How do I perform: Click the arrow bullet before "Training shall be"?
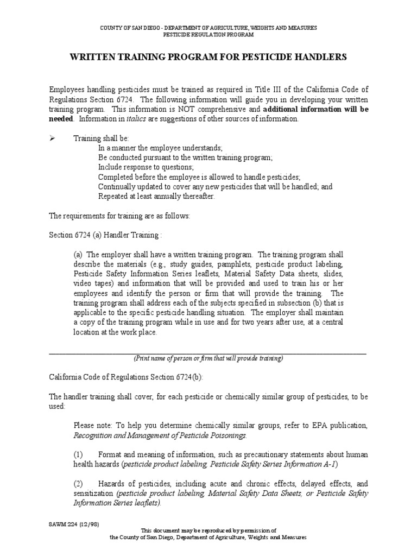tap(53, 138)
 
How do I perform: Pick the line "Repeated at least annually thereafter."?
tap(156, 197)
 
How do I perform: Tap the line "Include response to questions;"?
tap(146, 167)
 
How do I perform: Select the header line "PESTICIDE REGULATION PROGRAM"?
tap(208, 34)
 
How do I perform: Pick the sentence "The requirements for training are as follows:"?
tap(119, 216)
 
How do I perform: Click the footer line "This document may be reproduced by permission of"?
tap(208, 530)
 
